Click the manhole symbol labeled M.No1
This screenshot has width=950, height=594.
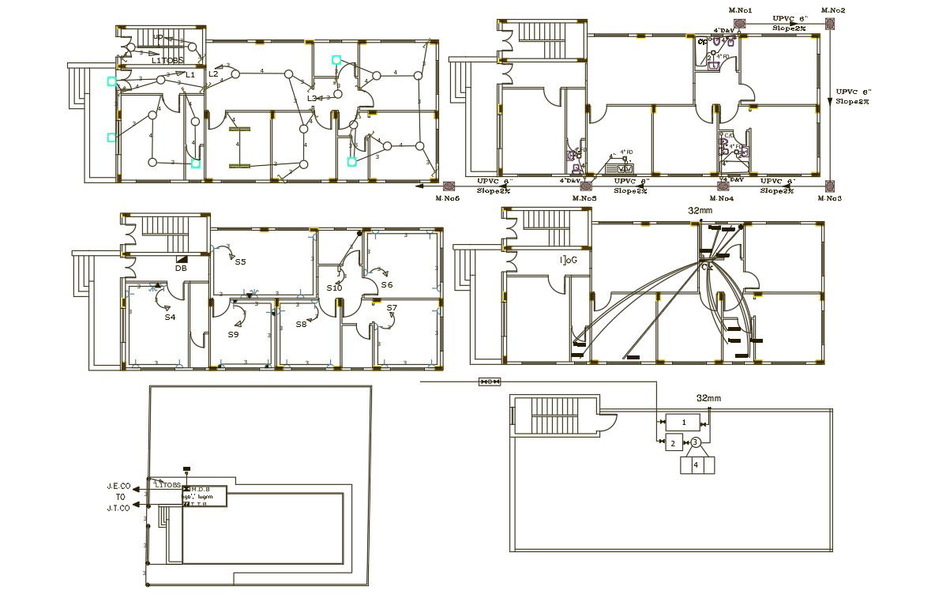pyautogui.click(x=741, y=23)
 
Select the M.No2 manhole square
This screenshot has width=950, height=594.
pyautogui.click(x=830, y=24)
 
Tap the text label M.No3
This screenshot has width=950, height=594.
pyautogui.click(x=830, y=198)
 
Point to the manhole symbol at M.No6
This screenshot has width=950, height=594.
pyautogui.click(x=449, y=186)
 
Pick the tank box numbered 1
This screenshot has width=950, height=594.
pyautogui.click(x=684, y=423)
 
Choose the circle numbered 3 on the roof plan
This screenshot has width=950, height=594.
pyautogui.click(x=696, y=442)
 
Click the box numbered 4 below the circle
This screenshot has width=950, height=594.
pyautogui.click(x=696, y=464)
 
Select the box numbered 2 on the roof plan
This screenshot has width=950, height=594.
pyautogui.click(x=673, y=443)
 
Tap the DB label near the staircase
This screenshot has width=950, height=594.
pyautogui.click(x=181, y=269)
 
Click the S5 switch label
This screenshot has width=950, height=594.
pyautogui.click(x=240, y=261)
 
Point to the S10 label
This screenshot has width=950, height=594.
pyautogui.click(x=335, y=288)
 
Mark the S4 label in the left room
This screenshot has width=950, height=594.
pyautogui.click(x=170, y=318)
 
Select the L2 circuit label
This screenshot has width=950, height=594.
pyautogui.click(x=213, y=74)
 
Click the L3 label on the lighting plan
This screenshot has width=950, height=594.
pyautogui.click(x=312, y=98)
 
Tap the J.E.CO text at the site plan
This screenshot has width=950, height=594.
pyautogui.click(x=118, y=487)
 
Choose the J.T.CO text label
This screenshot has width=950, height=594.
pyautogui.click(x=118, y=509)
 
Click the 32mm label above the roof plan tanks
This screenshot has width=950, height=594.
pyautogui.click(x=708, y=399)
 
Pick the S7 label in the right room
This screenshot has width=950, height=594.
pyautogui.click(x=392, y=307)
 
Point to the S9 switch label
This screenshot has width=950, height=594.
pyautogui.click(x=233, y=335)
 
